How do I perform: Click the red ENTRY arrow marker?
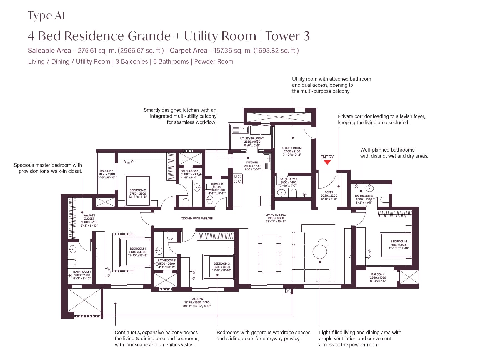[327, 162]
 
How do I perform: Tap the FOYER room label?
[329, 192]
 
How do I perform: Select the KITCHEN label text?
[252, 162]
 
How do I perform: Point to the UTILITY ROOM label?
[292, 148]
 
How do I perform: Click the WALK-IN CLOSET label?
[89, 217]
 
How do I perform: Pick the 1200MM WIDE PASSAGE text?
[197, 218]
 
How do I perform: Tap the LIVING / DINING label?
[276, 215]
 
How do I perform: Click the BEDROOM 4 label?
[399, 242]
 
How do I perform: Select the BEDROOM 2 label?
[138, 190]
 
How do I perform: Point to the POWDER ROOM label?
[217, 185]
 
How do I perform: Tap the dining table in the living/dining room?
[269, 254]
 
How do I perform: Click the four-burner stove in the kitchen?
[237, 179]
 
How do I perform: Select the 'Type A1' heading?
[46, 16]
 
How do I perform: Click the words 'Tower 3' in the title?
[287, 36]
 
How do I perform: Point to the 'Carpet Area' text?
[188, 51]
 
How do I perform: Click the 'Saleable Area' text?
[49, 51]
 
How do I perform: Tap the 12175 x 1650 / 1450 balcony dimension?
[197, 303]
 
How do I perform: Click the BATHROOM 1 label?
[82, 272]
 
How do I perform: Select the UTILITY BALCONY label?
[252, 138]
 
